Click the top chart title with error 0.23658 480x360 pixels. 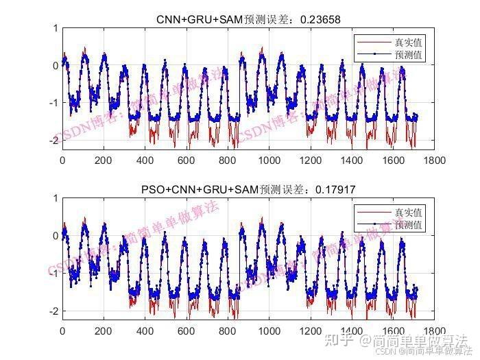[x=248, y=19]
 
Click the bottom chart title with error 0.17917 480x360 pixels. [x=248, y=189]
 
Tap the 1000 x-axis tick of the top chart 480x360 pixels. [x=269, y=160]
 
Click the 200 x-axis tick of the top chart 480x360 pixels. [x=104, y=160]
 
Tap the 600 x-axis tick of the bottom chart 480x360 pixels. [x=186, y=331]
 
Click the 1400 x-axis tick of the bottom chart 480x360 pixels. [x=351, y=331]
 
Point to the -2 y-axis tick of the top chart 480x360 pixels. [x=53, y=140]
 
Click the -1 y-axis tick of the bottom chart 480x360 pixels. [x=53, y=273]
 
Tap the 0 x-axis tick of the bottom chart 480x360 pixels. [x=62, y=331]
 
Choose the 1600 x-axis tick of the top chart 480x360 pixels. [x=392, y=160]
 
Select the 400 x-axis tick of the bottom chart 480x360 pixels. [x=145, y=331]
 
